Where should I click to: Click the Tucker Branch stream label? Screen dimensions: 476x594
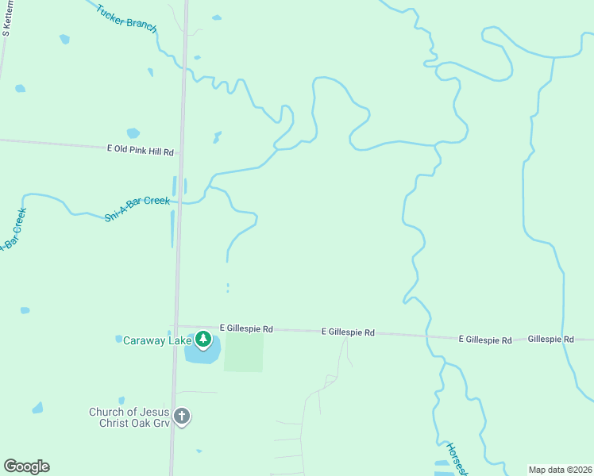(126, 21)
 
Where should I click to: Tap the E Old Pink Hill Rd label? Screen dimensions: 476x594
(140, 149)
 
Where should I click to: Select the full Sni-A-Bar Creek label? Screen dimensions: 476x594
(137, 208)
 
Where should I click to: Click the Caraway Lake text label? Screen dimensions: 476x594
(157, 340)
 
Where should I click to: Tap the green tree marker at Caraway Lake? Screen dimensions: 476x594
(203, 340)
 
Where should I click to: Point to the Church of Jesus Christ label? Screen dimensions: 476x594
(129, 416)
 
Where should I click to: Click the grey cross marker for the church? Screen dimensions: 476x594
(182, 416)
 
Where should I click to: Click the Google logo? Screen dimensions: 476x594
(26, 466)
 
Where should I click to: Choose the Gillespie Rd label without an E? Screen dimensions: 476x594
(550, 339)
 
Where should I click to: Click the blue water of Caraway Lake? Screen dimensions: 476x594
(200, 355)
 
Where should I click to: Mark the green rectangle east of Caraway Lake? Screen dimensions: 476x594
(243, 352)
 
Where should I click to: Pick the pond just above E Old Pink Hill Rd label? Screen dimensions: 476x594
(133, 133)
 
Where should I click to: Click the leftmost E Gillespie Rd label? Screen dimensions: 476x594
(246, 328)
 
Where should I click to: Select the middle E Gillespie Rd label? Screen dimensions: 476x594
(348, 333)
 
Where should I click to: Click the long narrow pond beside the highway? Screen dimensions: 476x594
(172, 228)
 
